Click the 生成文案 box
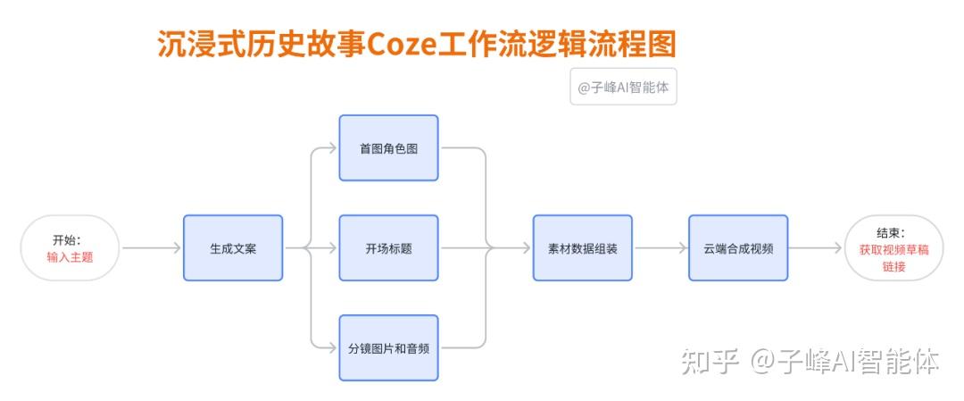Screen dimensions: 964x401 click(x=233, y=248)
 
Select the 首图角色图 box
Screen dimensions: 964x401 click(x=388, y=147)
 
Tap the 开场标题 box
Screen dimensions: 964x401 click(x=388, y=248)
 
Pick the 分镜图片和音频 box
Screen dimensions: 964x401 click(x=388, y=348)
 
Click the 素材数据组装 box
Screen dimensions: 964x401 click(x=582, y=248)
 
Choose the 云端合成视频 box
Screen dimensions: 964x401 click(x=738, y=248)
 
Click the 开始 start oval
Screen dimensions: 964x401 click(x=71, y=248)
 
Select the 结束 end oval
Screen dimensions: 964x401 click(x=893, y=248)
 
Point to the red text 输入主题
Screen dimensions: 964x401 click(x=71, y=257)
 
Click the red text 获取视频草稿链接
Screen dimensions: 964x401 click(x=893, y=259)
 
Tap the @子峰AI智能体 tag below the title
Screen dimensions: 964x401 click(x=623, y=87)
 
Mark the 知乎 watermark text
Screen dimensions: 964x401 click(x=710, y=362)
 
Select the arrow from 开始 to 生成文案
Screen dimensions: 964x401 click(x=151, y=248)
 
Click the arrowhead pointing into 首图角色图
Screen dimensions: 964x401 click(x=333, y=147)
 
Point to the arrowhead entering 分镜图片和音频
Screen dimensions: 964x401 click(x=333, y=348)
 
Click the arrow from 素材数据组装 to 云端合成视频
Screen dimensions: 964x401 click(x=661, y=248)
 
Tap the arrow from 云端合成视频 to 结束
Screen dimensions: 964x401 click(x=815, y=248)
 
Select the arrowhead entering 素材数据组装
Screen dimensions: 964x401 click(x=527, y=248)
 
